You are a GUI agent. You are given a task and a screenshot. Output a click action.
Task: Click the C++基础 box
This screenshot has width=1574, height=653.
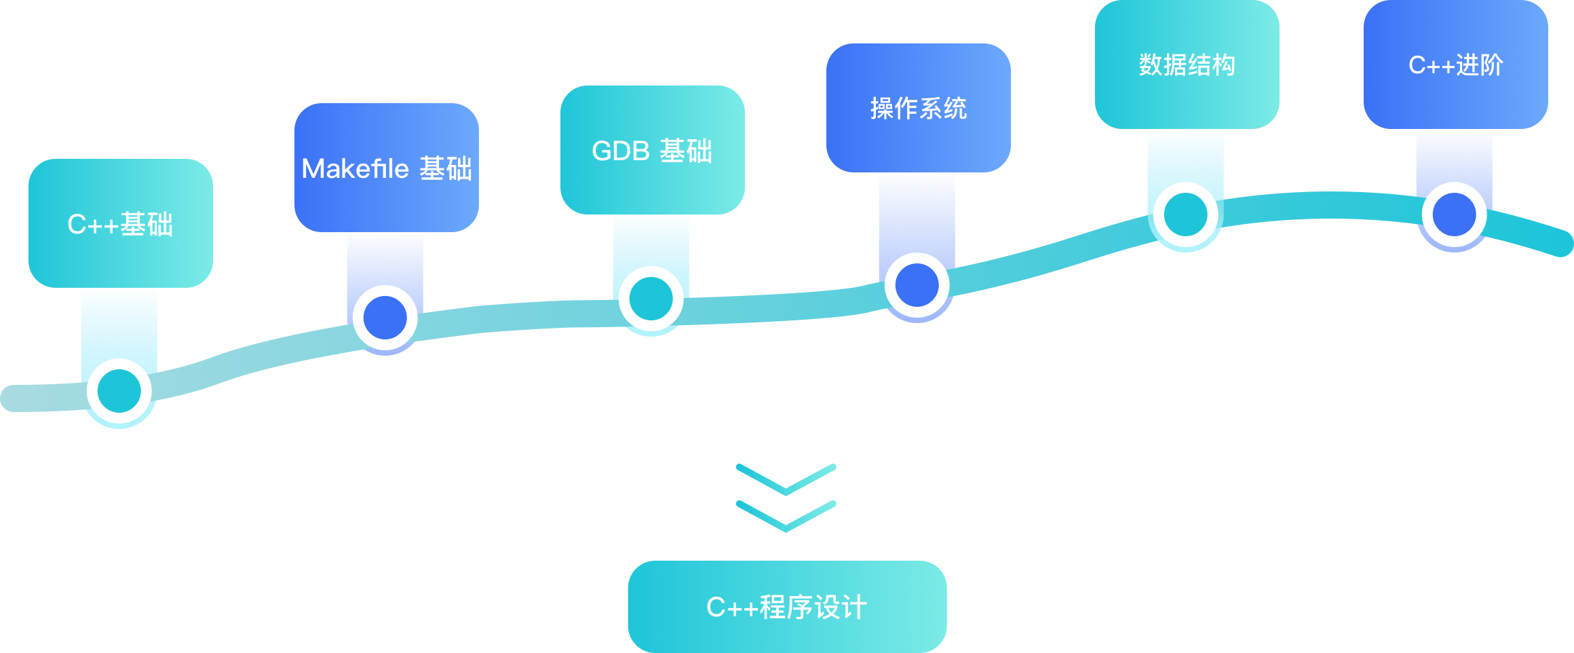pos(121,223)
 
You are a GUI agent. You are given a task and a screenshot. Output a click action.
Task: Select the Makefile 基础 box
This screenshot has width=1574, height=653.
pos(387,168)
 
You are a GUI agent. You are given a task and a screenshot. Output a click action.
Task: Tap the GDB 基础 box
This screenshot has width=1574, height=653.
pos(652,150)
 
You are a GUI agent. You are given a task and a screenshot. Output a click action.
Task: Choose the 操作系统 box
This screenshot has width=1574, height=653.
pos(918,108)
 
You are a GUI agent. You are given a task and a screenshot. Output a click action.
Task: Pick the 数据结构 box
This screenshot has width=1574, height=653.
pos(1187,64)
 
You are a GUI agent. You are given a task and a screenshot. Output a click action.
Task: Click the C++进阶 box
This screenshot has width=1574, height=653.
pos(1455,64)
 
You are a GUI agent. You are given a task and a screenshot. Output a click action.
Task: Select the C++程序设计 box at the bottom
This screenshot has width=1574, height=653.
pos(786,607)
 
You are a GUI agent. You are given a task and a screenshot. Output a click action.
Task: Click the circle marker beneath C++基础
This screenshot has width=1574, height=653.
pos(119,392)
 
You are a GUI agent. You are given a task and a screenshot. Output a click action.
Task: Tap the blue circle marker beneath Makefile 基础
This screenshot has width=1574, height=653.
pos(385,318)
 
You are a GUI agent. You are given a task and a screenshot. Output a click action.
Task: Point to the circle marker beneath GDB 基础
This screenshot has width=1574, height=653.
pos(651,299)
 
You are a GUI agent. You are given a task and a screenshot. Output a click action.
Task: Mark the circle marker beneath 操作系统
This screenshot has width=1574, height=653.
pos(917,285)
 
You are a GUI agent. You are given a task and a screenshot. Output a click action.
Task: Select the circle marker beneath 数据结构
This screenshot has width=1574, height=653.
pos(1186,214)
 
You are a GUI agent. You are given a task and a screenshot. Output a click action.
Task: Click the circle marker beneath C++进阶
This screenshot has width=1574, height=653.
pos(1455,214)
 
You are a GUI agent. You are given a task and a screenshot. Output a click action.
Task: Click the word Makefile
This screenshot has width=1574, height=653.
pos(355,168)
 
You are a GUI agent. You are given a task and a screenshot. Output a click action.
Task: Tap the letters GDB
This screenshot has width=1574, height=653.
pos(621,151)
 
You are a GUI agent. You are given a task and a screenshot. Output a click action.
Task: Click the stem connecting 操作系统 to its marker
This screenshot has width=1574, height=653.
pos(917,210)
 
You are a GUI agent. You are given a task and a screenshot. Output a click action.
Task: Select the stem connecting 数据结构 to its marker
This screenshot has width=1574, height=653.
pos(1186,155)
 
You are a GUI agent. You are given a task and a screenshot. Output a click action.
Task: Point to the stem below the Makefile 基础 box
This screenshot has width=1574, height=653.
pos(385,258)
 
